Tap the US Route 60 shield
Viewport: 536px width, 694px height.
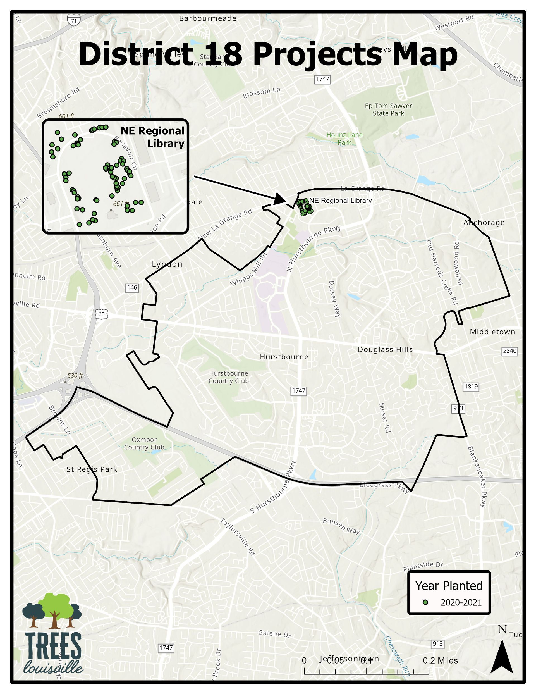(101, 314)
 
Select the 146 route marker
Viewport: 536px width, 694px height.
(132, 288)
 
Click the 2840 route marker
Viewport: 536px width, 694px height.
(510, 351)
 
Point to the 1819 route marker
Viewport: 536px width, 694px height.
(471, 387)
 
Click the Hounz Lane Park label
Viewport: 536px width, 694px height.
(344, 139)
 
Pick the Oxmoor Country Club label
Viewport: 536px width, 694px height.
(144, 443)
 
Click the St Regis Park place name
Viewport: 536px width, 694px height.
(92, 469)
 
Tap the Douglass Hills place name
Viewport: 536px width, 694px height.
(385, 350)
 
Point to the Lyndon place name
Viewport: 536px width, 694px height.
(167, 264)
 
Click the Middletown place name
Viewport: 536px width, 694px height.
(492, 332)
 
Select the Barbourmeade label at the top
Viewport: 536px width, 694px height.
(208, 18)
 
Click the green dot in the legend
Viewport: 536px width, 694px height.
(425, 602)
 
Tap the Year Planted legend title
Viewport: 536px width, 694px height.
(449, 586)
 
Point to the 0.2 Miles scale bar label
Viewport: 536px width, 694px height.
(440, 660)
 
